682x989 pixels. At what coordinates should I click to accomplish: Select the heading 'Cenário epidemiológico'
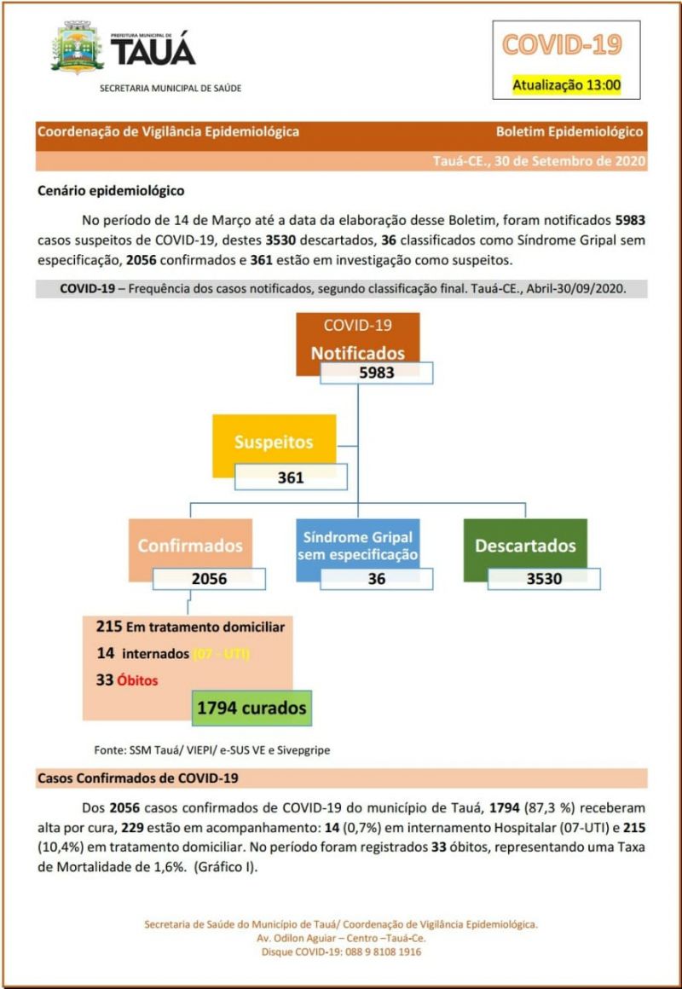(111, 190)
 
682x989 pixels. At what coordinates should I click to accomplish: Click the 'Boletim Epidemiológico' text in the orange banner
(569, 132)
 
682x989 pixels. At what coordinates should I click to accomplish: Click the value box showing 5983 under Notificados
(376, 373)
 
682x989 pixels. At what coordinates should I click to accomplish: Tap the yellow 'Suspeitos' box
(274, 442)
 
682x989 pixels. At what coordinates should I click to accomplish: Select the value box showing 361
(291, 477)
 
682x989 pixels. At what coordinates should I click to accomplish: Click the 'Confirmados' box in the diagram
(191, 546)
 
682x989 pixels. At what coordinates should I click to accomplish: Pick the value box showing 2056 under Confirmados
(210, 579)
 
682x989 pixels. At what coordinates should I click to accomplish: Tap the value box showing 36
(376, 579)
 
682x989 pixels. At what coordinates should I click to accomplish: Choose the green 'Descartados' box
(525, 546)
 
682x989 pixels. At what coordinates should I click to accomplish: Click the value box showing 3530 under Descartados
(544, 579)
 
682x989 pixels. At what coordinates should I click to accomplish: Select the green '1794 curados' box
(251, 708)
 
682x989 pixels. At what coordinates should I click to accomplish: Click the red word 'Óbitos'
(139, 680)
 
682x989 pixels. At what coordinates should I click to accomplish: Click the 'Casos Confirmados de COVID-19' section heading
(138, 778)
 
